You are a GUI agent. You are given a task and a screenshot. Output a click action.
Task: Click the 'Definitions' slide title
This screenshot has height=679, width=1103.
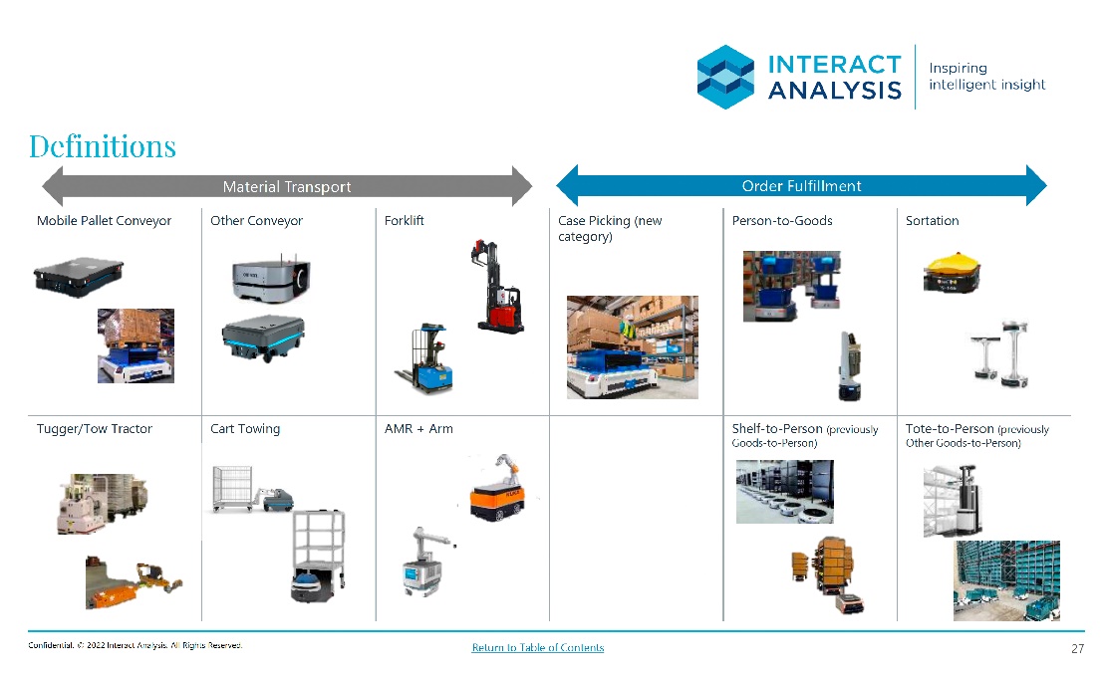pyautogui.click(x=103, y=146)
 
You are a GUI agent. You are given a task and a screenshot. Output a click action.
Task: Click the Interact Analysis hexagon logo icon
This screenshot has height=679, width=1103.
pyautogui.click(x=725, y=77)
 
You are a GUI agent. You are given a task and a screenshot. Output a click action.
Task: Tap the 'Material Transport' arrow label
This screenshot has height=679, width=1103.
pyautogui.click(x=287, y=187)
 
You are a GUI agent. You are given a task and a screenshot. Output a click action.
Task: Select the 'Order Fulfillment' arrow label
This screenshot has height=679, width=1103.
pyautogui.click(x=801, y=186)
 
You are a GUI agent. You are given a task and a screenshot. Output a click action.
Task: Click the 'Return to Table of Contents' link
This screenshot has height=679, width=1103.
pyautogui.click(x=538, y=647)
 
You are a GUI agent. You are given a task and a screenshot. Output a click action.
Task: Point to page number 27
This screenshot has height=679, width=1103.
pyautogui.click(x=1078, y=649)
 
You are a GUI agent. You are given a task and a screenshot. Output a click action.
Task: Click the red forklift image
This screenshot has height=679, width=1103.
pyautogui.click(x=497, y=286)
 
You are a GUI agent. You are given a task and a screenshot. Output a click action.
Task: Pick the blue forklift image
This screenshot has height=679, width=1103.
pyautogui.click(x=424, y=358)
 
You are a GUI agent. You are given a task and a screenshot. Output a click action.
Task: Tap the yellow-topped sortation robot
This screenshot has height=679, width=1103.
pyautogui.click(x=952, y=272)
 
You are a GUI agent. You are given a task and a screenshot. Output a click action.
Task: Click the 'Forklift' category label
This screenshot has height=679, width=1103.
pyautogui.click(x=404, y=221)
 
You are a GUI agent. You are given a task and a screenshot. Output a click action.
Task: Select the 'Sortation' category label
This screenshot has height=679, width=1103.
pyautogui.click(x=932, y=221)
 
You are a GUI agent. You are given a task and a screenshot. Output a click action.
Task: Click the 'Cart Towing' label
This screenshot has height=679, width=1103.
pyautogui.click(x=245, y=429)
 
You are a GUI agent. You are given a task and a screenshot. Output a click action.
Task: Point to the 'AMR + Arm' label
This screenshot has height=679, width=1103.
pyautogui.click(x=418, y=429)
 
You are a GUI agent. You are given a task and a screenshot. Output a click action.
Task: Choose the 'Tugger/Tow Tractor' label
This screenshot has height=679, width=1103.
pyautogui.click(x=95, y=429)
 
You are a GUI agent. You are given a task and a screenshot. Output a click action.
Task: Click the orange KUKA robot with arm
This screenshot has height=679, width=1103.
pyautogui.click(x=497, y=489)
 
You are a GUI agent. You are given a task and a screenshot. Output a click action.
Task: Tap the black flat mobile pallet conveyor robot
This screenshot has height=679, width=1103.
pyautogui.click(x=78, y=276)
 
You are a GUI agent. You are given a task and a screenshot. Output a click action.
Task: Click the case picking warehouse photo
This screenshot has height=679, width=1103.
pyautogui.click(x=633, y=347)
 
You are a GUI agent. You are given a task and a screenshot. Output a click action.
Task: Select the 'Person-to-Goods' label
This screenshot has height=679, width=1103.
pyautogui.click(x=782, y=221)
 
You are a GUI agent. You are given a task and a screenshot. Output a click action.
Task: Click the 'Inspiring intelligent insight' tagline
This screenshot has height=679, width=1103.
pyautogui.click(x=987, y=77)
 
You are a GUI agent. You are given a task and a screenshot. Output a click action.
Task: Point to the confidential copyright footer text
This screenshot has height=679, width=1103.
pyautogui.click(x=136, y=645)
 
